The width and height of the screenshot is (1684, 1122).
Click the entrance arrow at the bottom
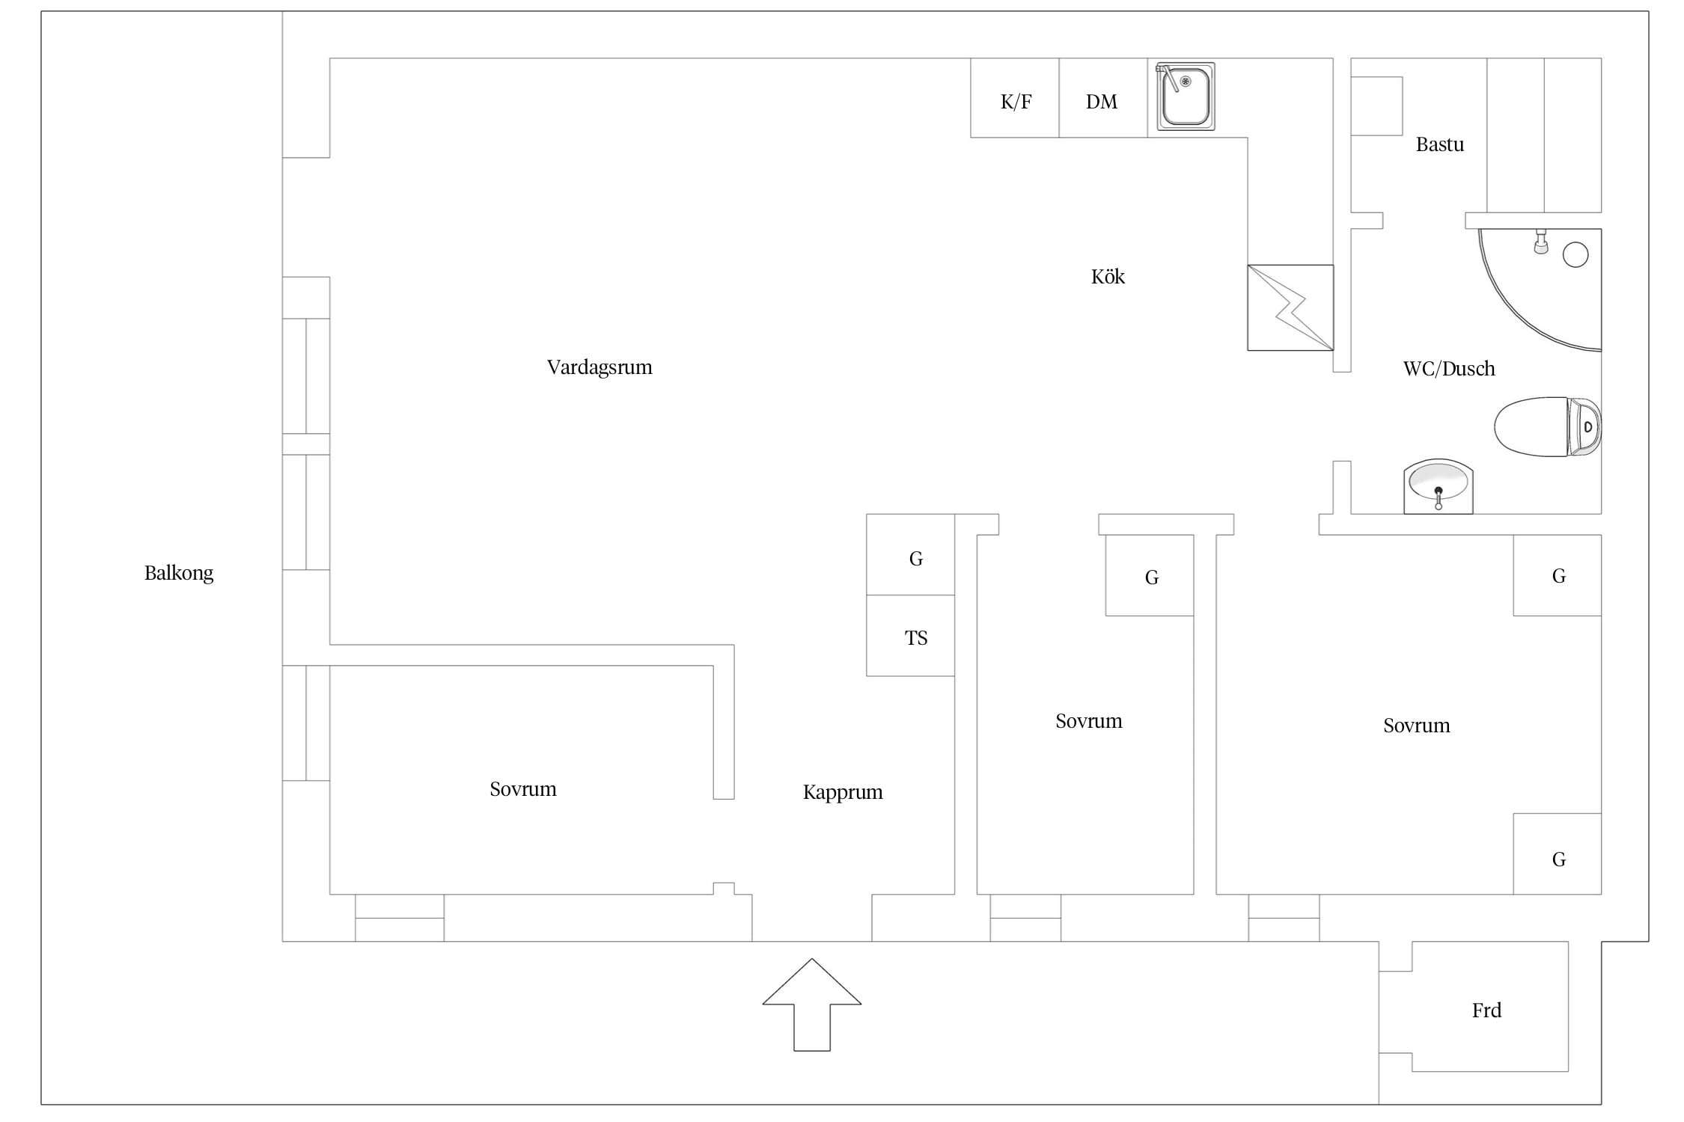click(x=811, y=1004)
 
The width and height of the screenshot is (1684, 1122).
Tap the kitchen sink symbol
click(x=1185, y=96)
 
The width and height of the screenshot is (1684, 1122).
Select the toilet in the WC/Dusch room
click(x=1547, y=426)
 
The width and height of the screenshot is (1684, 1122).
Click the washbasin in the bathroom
click(x=1438, y=486)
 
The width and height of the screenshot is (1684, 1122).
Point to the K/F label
click(x=1016, y=102)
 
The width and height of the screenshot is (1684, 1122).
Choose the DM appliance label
click(x=1101, y=102)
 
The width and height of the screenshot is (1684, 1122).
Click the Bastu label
click(x=1439, y=144)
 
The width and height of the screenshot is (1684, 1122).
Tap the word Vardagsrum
click(x=600, y=367)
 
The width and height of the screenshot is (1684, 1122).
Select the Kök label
click(x=1108, y=277)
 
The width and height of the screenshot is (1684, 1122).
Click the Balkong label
click(x=179, y=574)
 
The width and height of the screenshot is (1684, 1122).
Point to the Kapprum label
click(x=843, y=793)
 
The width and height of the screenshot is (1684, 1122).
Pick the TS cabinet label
click(x=916, y=638)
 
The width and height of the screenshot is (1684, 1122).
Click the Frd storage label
click(x=1486, y=1011)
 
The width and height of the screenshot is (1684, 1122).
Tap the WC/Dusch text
click(x=1449, y=369)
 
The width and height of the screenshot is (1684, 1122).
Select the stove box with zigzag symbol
click(x=1290, y=307)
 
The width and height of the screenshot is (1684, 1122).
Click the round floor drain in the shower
click(x=1575, y=255)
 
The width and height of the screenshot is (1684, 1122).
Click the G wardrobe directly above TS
click(x=911, y=554)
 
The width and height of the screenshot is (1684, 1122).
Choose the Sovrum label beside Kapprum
click(x=523, y=789)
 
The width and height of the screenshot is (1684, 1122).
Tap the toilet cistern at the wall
click(x=1584, y=426)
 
